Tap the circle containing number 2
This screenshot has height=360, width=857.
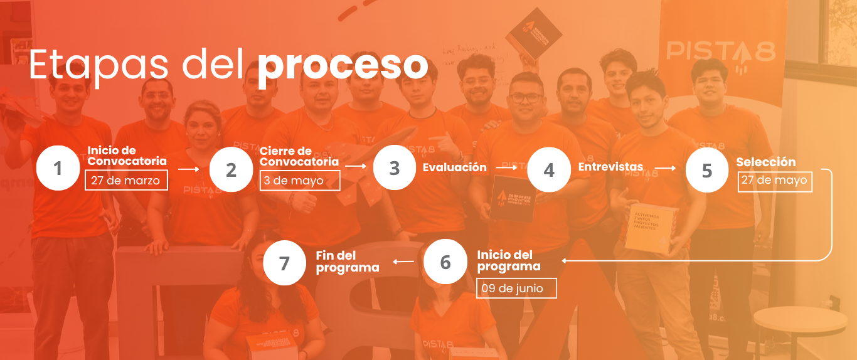pos(232,169)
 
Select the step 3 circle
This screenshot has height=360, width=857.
pos(395,167)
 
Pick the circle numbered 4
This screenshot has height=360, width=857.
pos(549,169)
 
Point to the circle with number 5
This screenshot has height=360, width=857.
pos(707,170)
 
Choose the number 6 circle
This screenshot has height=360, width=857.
pos(445,262)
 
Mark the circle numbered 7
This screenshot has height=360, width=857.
pos(285,263)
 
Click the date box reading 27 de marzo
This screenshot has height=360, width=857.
pos(126,181)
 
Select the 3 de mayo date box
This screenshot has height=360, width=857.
pos(299,181)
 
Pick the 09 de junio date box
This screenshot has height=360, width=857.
pos(516,288)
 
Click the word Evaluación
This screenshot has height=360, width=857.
pos(454,167)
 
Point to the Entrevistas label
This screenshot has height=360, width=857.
pos(610,167)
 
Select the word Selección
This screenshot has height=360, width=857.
pos(765,162)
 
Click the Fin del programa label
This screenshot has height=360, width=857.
pos(347,262)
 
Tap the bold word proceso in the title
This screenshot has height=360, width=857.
pos(343,65)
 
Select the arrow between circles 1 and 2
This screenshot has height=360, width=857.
pos(188,169)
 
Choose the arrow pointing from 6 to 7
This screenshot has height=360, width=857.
pos(403,262)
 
